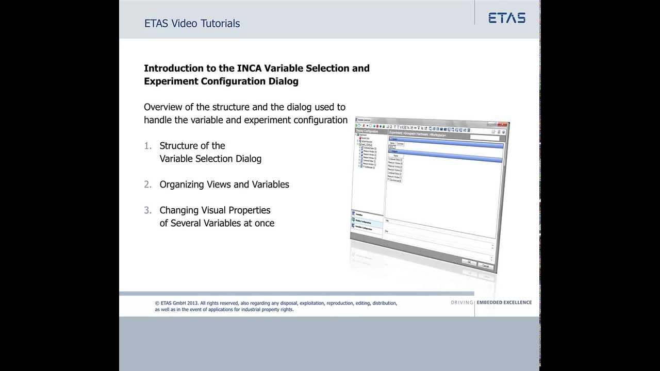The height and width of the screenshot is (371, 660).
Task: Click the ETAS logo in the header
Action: [x=507, y=18]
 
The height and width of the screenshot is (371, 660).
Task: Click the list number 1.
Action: [x=147, y=146]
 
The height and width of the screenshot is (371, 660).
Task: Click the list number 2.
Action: [x=147, y=184]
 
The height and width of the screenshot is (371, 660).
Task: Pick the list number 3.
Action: [x=147, y=210]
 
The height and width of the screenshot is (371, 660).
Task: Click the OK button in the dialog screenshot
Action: [x=469, y=262]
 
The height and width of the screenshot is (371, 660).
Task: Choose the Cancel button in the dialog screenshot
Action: [x=485, y=266]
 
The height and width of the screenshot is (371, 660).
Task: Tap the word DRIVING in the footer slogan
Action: [x=461, y=302]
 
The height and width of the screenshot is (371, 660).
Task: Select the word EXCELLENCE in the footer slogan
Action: [x=516, y=302]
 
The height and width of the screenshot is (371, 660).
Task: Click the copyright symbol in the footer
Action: [x=157, y=303]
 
